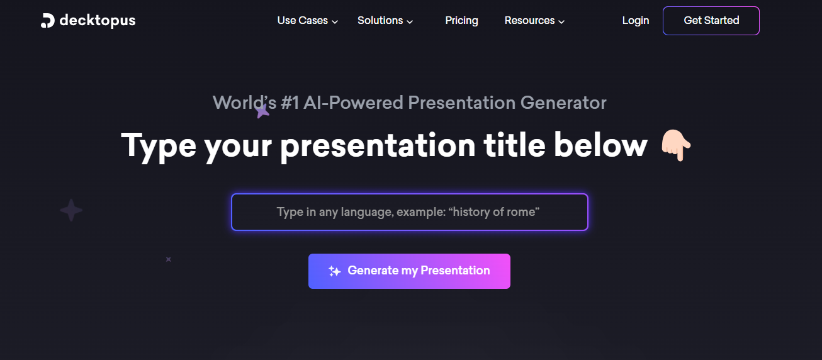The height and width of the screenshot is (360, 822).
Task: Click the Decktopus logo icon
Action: pos(48,21)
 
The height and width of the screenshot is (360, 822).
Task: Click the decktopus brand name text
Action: pos(98,21)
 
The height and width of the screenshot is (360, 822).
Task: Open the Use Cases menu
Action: pos(302,21)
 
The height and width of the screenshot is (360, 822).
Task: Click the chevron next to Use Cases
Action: pos(335,21)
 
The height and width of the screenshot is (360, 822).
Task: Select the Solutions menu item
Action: pos(380,21)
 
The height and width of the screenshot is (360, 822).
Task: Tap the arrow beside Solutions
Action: pos(410,21)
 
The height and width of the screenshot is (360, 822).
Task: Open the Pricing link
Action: pos(461,21)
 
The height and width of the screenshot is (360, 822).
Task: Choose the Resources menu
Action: pos(529,21)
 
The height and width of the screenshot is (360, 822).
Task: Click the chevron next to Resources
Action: pos(561,21)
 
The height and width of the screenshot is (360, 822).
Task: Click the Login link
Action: pos(636,21)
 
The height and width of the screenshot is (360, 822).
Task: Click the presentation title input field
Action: pos(410,212)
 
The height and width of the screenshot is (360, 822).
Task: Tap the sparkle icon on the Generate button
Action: pos(335,271)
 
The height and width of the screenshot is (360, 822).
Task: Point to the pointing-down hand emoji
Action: pos(676,145)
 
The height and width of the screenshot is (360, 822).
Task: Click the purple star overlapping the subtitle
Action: pos(262,111)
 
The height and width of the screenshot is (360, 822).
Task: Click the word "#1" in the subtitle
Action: pos(290,103)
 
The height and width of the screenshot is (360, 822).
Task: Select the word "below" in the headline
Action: pos(600,145)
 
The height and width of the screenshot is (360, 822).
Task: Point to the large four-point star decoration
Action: pos(71,210)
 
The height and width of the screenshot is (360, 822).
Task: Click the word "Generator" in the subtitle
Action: pos(563,103)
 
